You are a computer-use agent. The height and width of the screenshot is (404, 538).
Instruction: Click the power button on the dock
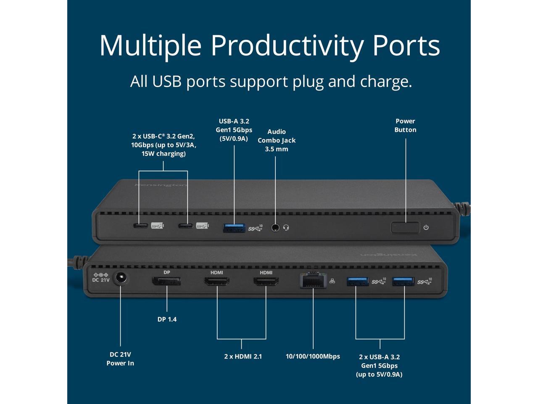point(405,228)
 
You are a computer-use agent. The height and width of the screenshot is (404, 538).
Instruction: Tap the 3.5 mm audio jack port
point(275,228)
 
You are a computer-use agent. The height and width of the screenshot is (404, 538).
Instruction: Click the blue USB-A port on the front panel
point(234,228)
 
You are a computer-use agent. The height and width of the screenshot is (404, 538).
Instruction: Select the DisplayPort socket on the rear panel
point(166,281)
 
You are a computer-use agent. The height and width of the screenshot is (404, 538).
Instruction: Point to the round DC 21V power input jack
point(120,279)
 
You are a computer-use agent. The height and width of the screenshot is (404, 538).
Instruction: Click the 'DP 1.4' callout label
point(167,319)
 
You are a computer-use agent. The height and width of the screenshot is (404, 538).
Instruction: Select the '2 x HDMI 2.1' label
point(243,356)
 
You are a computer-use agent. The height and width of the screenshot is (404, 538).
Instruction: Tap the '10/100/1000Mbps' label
point(313,356)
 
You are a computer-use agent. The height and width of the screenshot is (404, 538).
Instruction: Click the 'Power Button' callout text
point(405,125)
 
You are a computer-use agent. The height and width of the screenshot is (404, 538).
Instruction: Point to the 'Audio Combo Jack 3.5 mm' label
point(277,141)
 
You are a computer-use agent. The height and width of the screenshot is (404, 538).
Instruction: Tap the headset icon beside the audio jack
point(286,228)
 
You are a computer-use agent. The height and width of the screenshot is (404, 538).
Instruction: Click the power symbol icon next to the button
point(426,228)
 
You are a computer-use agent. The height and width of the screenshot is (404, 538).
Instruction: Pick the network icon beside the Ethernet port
point(332,281)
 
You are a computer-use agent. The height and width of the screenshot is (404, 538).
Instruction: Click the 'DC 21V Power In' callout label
point(120,359)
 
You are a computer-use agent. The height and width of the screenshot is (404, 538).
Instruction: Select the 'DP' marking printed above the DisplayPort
point(167,272)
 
